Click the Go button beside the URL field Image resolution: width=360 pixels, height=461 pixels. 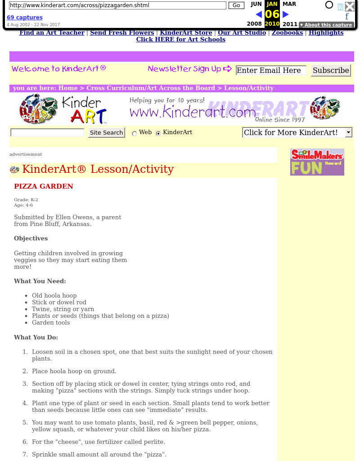(236, 5)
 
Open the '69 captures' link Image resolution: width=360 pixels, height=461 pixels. (25, 18)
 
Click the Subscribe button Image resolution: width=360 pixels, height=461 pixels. (331, 70)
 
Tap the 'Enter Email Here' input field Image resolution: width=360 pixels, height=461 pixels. (271, 70)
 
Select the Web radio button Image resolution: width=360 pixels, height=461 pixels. (134, 133)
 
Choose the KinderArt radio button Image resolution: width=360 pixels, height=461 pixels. (158, 133)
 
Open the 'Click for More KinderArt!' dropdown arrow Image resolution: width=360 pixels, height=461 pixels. (348, 132)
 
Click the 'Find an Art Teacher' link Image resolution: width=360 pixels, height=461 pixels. (52, 32)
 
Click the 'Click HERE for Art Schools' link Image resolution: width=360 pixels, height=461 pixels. (180, 39)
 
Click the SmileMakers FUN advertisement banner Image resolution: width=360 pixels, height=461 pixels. (317, 162)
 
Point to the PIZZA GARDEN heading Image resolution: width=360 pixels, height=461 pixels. (44, 186)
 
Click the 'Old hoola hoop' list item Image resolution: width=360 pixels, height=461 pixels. (54, 296)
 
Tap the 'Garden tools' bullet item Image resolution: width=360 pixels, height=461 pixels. (51, 322)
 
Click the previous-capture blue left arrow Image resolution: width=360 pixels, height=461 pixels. (258, 14)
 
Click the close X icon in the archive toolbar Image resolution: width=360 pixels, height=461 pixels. (350, 6)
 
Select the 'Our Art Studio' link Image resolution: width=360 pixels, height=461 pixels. (243, 32)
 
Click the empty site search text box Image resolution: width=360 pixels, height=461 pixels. (47, 132)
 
